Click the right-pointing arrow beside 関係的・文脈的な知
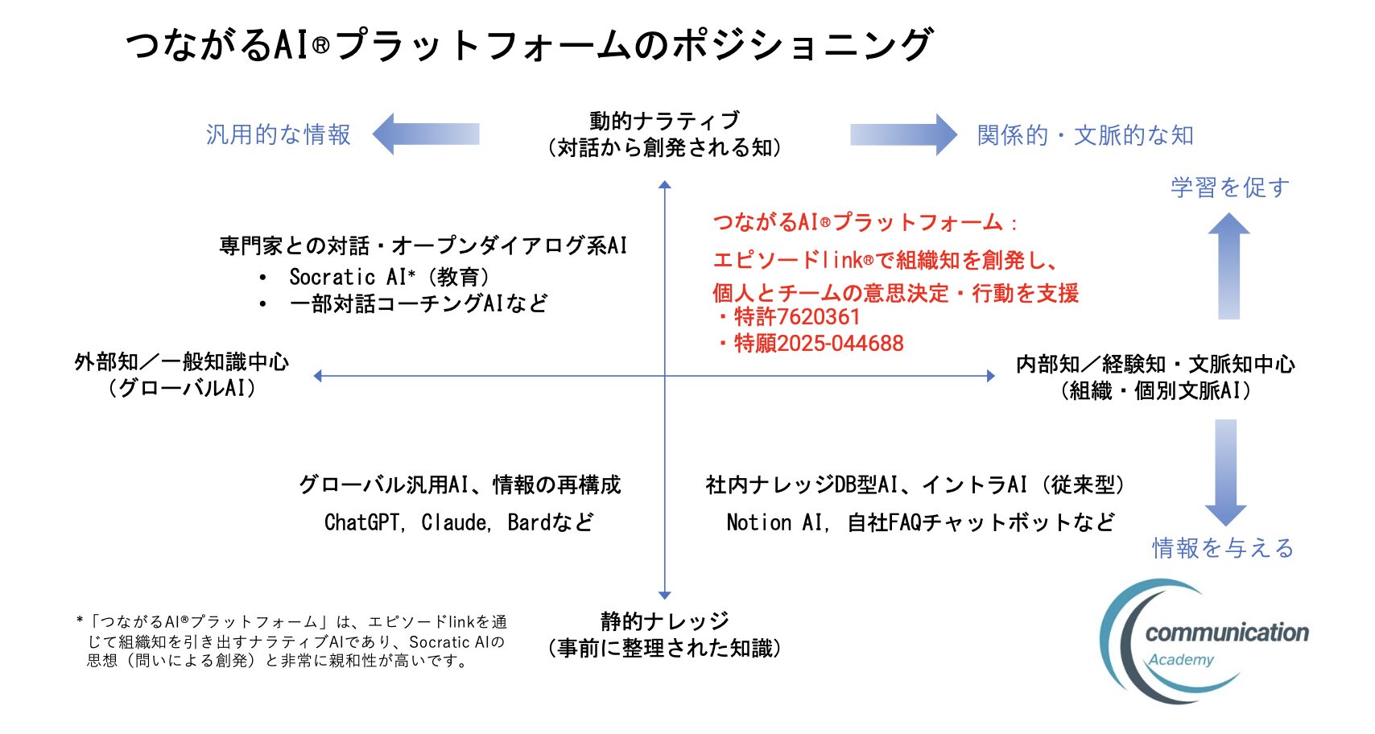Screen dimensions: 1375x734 (903, 134)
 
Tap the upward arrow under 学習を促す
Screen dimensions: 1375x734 (1229, 266)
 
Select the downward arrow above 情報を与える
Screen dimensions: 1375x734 (1226, 472)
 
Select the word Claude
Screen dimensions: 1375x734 (453, 522)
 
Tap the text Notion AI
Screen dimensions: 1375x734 (774, 522)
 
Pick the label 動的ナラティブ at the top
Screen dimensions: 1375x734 (665, 121)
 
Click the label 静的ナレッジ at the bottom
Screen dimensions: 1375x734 (665, 621)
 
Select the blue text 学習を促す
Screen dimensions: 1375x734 (1230, 188)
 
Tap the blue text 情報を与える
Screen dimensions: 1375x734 (1223, 548)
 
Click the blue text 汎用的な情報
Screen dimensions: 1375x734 (278, 134)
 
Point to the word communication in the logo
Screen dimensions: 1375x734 (1227, 633)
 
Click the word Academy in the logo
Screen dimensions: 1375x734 (1181, 660)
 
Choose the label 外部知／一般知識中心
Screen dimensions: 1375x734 (182, 362)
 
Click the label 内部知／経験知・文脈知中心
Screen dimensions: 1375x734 (1156, 365)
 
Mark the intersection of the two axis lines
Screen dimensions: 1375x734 (665, 376)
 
